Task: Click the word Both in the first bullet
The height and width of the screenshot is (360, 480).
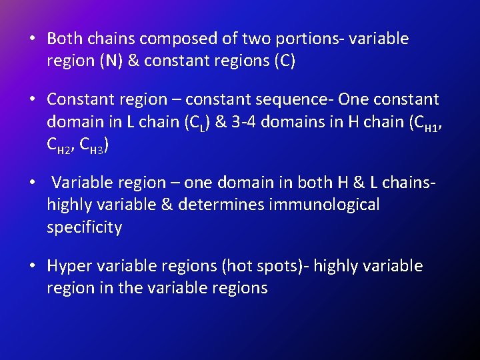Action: [64, 39]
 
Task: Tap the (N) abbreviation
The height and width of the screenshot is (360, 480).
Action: [110, 61]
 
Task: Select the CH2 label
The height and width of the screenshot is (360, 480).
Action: [59, 146]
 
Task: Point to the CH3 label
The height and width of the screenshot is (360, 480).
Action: [94, 146]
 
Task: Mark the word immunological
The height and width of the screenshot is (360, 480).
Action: [324, 205]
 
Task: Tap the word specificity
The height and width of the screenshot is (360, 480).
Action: [85, 227]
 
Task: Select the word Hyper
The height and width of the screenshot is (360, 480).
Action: [69, 266]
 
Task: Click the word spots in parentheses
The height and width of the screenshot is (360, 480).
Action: [275, 267]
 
